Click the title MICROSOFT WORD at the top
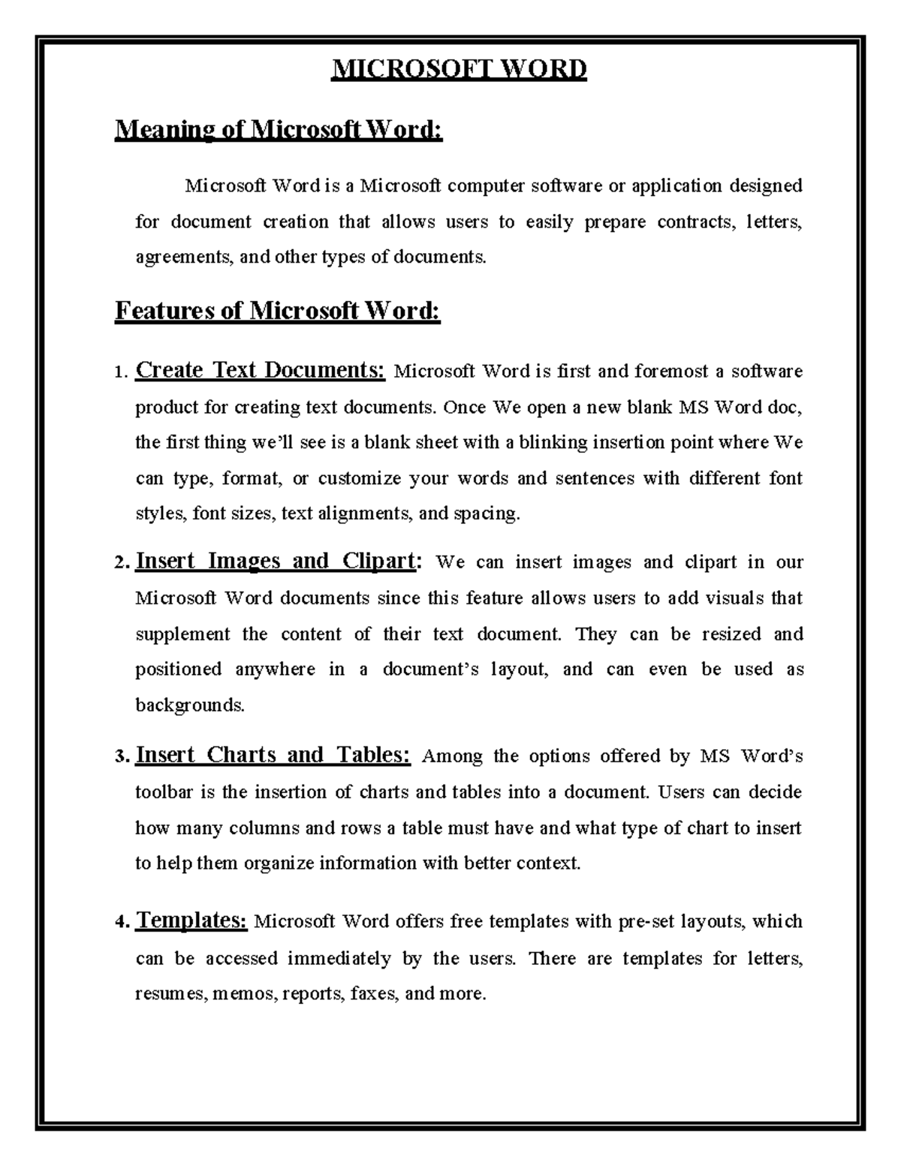(460, 70)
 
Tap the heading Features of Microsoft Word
(277, 310)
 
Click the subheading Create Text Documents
(260, 370)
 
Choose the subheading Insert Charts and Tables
(273, 755)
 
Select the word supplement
(182, 634)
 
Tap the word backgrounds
(189, 705)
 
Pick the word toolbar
(164, 792)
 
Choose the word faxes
(373, 994)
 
